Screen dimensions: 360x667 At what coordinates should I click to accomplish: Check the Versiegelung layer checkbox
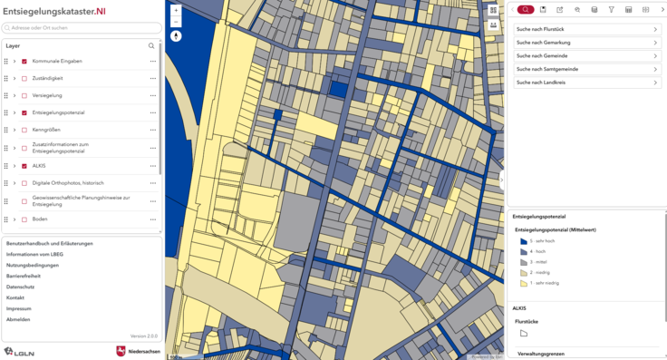click(24, 95)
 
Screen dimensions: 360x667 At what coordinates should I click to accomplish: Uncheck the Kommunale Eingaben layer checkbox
click(24, 61)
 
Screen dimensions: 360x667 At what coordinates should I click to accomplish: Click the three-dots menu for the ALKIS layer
click(153, 166)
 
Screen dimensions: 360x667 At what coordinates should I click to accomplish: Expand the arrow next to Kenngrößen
click(14, 130)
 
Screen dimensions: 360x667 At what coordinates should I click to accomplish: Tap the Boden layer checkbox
click(24, 219)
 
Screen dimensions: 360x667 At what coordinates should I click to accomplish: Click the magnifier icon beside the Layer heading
click(151, 45)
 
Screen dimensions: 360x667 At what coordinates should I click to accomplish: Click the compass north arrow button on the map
click(176, 37)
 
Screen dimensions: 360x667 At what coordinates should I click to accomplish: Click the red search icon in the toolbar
click(526, 10)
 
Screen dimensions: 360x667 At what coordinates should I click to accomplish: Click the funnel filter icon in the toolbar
click(612, 10)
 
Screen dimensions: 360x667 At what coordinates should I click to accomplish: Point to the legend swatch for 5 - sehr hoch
click(524, 241)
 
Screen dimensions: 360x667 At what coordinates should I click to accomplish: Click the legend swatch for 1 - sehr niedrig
click(524, 283)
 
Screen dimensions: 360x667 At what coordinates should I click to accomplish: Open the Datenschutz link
click(20, 287)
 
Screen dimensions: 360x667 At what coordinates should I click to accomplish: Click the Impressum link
click(19, 308)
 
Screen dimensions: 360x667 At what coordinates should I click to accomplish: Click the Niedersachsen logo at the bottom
click(138, 351)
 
